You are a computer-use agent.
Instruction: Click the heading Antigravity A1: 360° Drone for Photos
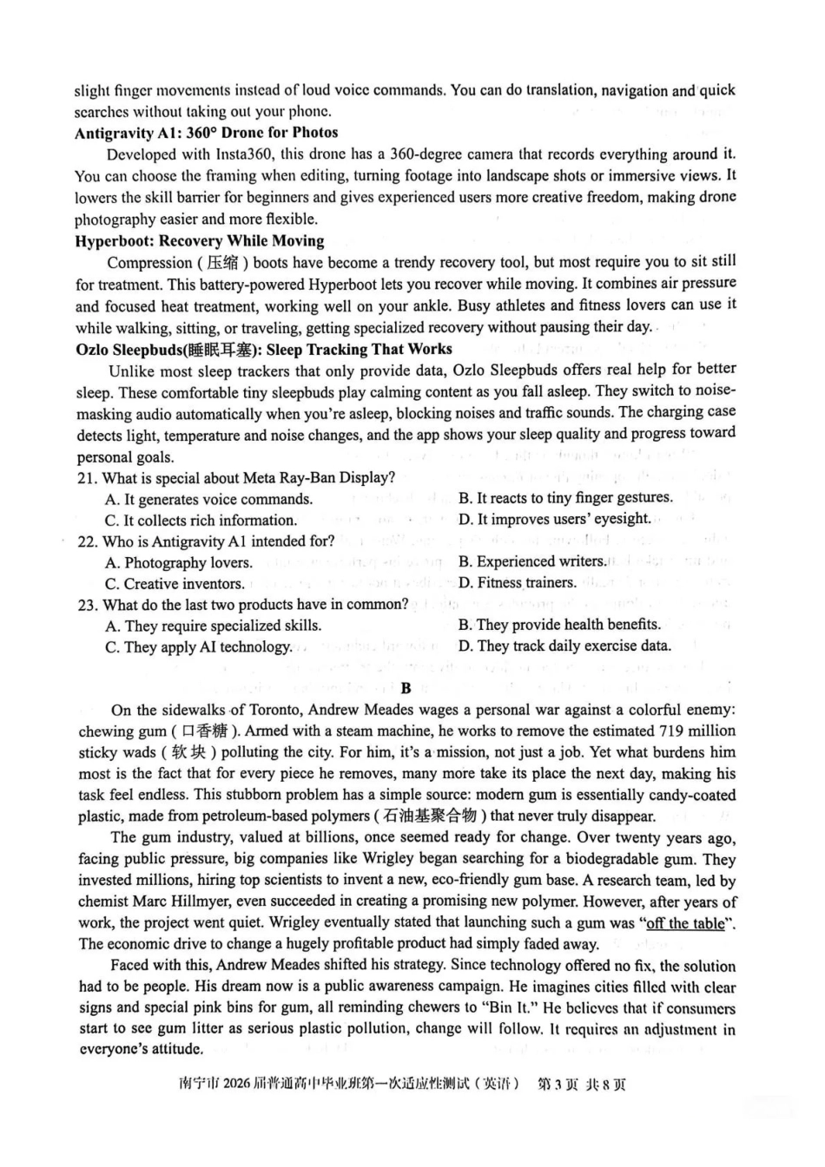point(206,133)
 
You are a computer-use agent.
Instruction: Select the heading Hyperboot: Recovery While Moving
point(199,241)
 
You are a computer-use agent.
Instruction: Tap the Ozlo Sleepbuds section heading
point(263,349)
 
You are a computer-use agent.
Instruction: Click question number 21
point(86,478)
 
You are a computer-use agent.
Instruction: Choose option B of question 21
point(565,498)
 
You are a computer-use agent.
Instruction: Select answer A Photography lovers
point(178,562)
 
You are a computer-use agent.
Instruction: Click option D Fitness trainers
point(517,582)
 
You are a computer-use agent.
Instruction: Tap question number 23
point(86,605)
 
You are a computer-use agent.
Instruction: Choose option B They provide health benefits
point(559,625)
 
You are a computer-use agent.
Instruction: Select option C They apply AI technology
point(198,646)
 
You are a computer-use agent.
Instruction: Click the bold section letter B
point(406,688)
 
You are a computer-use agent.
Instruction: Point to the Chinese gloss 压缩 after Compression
point(226,263)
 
